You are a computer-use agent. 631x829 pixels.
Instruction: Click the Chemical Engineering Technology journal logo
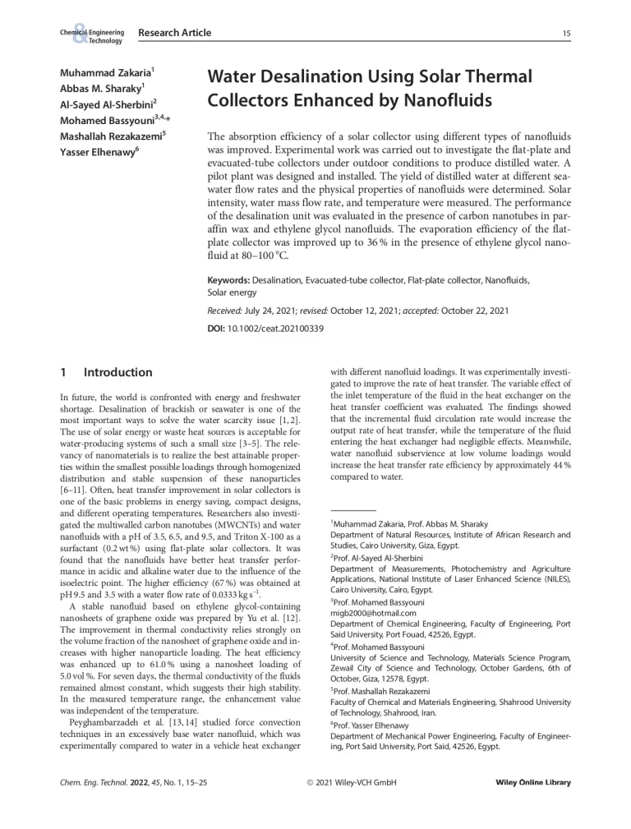click(x=91, y=35)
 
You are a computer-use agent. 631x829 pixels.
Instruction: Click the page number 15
click(x=566, y=33)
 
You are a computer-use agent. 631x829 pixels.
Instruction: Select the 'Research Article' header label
click(x=174, y=33)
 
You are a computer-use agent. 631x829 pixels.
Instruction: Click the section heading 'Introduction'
click(x=117, y=373)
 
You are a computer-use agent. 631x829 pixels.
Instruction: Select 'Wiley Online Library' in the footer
click(x=533, y=783)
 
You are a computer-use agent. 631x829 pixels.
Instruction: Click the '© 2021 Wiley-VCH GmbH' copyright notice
click(x=351, y=783)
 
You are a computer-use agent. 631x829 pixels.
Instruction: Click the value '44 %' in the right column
click(x=560, y=465)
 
